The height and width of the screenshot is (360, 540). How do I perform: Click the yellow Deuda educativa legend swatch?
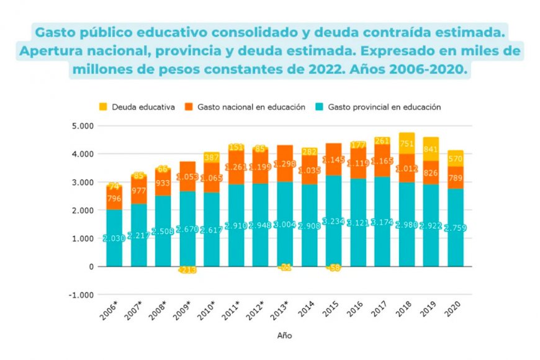[104, 107]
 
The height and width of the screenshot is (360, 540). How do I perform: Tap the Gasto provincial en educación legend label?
[384, 107]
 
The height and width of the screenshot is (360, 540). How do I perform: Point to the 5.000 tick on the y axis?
[83, 126]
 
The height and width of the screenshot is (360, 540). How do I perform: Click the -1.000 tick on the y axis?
[81, 295]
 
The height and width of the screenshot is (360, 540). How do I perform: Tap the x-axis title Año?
[285, 336]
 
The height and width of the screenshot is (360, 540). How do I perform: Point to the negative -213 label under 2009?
[187, 270]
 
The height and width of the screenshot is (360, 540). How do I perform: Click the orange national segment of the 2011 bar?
[236, 166]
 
